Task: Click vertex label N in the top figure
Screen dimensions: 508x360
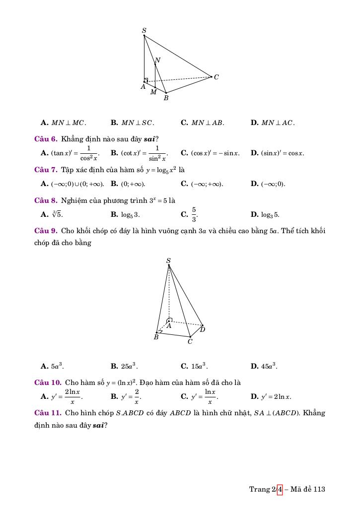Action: click(x=157, y=61)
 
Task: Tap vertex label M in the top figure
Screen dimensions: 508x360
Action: click(x=153, y=92)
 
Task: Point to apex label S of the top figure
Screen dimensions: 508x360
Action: click(x=144, y=31)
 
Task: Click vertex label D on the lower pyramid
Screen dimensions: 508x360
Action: click(x=203, y=329)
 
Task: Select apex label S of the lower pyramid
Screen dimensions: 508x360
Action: click(x=168, y=260)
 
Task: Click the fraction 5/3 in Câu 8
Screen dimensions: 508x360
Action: click(x=194, y=214)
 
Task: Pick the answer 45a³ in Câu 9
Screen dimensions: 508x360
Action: click(x=269, y=367)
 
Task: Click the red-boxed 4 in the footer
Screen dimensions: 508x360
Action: click(x=280, y=489)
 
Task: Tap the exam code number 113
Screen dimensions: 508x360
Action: click(x=319, y=489)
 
